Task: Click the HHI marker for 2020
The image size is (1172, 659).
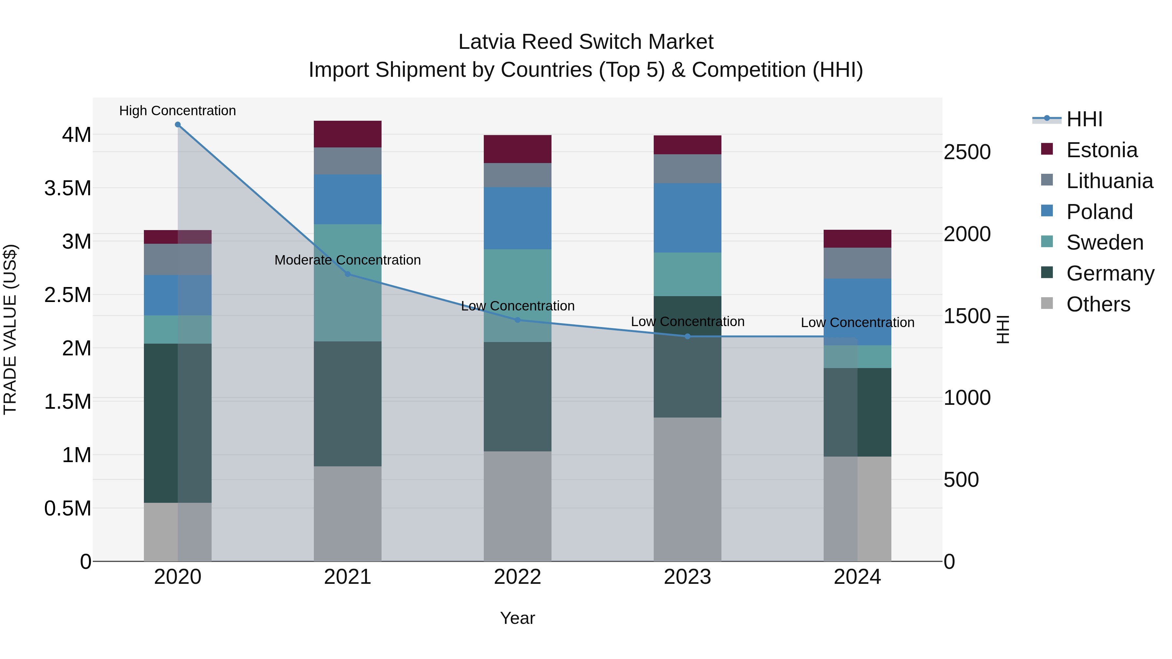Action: click(178, 125)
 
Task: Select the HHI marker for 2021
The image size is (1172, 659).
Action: click(348, 274)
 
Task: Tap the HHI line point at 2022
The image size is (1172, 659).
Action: click(517, 320)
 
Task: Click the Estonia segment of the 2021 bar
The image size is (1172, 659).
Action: click(348, 134)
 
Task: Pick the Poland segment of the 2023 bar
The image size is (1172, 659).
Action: click(688, 218)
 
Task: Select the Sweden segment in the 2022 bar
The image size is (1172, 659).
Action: click(517, 295)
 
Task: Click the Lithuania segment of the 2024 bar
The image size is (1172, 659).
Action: click(857, 263)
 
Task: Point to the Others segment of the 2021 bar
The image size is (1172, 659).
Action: click(348, 514)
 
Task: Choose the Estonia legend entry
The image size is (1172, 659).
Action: click(1101, 150)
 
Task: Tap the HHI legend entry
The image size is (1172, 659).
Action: click(1084, 119)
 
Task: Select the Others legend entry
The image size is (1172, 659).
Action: click(1098, 304)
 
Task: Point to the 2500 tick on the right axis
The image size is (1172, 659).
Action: click(967, 152)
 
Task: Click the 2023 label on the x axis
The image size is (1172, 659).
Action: click(688, 577)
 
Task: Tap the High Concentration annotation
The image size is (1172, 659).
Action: click(177, 111)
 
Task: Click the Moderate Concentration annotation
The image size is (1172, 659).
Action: click(348, 260)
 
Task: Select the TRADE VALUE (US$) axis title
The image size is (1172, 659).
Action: click(10, 329)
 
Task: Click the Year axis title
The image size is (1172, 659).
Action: click(517, 618)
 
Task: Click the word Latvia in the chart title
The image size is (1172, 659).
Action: click(487, 42)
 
